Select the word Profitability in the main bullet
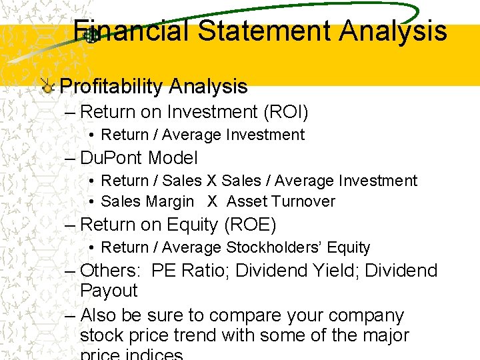[x=111, y=86]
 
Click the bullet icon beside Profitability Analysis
[x=48, y=87]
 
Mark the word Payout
[x=109, y=291]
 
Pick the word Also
[x=98, y=315]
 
